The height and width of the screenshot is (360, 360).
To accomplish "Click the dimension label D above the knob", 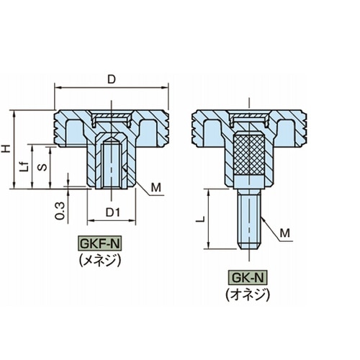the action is (112, 79).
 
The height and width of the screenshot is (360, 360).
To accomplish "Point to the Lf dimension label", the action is (24, 166).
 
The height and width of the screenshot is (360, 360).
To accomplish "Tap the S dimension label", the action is (43, 166).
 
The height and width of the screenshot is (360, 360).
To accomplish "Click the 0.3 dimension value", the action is (60, 211).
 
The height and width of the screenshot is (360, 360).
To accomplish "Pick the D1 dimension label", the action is (113, 212).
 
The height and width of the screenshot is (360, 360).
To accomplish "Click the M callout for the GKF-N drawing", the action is (156, 187).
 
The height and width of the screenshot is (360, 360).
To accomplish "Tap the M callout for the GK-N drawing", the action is (285, 233).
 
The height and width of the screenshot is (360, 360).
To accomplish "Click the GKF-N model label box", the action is (99, 244).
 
